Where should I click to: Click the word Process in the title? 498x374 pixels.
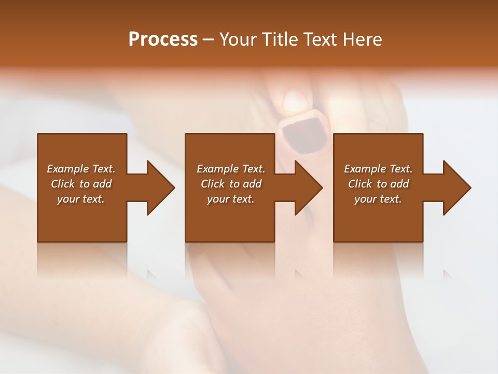[163, 39]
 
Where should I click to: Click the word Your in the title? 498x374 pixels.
[238, 39]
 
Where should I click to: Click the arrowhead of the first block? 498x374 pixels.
[160, 188]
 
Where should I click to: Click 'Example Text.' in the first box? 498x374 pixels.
[81, 169]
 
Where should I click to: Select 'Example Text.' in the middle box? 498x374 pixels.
[231, 169]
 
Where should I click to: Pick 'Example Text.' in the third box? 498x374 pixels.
[378, 169]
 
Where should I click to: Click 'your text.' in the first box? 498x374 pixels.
[81, 199]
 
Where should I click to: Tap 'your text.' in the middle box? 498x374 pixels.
[231, 199]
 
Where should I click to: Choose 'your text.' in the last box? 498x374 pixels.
[378, 199]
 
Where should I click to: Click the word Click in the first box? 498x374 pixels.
[63, 184]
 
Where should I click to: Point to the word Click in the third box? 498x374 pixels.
[360, 184]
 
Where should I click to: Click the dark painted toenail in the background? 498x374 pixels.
[304, 132]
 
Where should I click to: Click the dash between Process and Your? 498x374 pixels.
[208, 39]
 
